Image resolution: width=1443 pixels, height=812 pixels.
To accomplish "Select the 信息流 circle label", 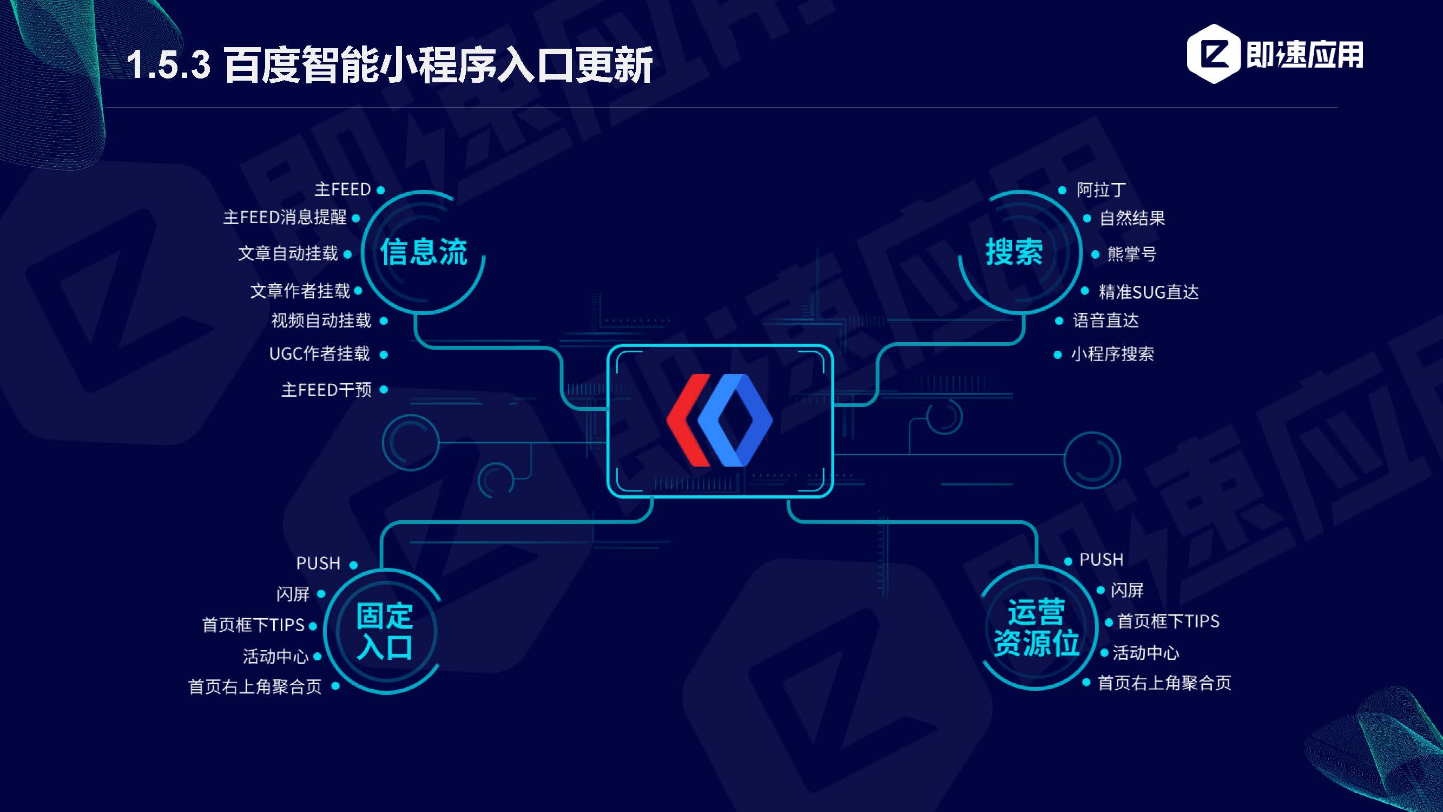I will [x=424, y=252].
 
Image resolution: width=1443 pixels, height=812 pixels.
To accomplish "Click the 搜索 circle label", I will [x=1014, y=252].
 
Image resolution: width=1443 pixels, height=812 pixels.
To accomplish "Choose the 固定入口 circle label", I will [x=385, y=631].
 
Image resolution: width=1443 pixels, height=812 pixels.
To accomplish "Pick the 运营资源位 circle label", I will [x=1036, y=627].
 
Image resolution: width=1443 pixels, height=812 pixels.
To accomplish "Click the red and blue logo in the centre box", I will [x=719, y=420].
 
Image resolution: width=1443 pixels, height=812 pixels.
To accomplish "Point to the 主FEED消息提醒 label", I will [x=285, y=218].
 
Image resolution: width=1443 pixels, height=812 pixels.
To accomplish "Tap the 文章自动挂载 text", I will [x=288, y=254].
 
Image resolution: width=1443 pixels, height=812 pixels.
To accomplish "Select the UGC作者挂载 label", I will [x=319, y=353].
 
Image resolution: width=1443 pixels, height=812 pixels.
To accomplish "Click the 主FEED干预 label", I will [x=326, y=389].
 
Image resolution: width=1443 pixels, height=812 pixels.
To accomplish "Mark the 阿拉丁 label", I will [x=1101, y=190].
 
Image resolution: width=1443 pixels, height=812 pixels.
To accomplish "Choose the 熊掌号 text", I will [x=1131, y=254].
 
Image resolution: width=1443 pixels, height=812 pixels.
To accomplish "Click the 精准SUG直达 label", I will [x=1148, y=292].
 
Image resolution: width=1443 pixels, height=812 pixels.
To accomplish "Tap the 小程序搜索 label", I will [x=1112, y=354].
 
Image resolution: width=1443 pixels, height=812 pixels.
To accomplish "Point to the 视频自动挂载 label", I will [x=321, y=320].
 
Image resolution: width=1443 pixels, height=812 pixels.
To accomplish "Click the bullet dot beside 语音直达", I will [x=1059, y=321].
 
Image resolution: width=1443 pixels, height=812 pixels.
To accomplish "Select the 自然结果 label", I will [x=1131, y=218].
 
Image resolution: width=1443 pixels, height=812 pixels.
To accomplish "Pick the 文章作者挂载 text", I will [x=300, y=291].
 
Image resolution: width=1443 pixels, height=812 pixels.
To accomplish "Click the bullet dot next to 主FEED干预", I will [x=384, y=389].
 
